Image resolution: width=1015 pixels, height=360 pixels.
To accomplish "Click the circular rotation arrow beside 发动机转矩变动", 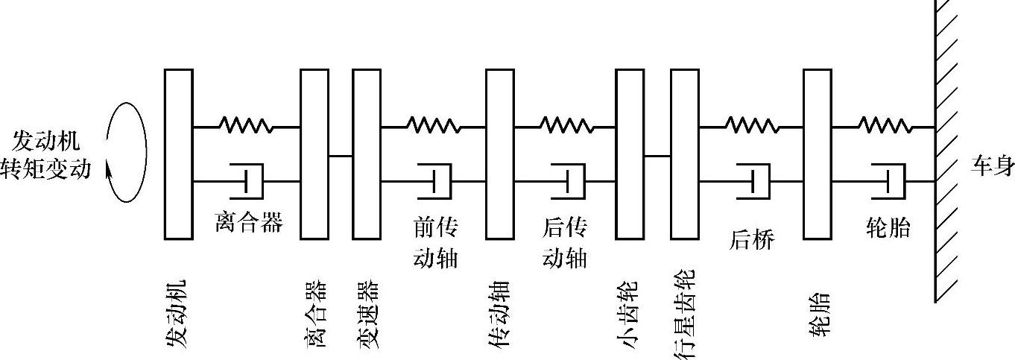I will coord(126,154).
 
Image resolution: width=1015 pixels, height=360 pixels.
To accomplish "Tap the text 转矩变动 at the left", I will coord(46,169).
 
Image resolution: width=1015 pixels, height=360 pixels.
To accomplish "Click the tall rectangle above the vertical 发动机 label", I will coord(178,154).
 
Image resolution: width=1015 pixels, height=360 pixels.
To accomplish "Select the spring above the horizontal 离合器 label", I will coord(246,126).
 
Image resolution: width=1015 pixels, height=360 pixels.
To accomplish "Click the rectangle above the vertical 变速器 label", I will coord(367,154).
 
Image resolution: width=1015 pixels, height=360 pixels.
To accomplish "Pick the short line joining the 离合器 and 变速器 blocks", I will coord(341,156).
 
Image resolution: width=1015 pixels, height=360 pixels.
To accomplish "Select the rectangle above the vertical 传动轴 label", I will coord(500,154).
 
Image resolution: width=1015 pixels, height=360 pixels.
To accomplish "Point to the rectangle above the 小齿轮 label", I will coord(630,154).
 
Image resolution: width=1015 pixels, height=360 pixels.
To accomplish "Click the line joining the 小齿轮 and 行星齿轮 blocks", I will coord(657,156).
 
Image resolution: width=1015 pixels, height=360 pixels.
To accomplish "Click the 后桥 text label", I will coord(751,240).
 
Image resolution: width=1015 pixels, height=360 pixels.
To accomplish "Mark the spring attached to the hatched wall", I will coord(884,126).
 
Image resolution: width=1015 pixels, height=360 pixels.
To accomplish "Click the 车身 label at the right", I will coord(992,166).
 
